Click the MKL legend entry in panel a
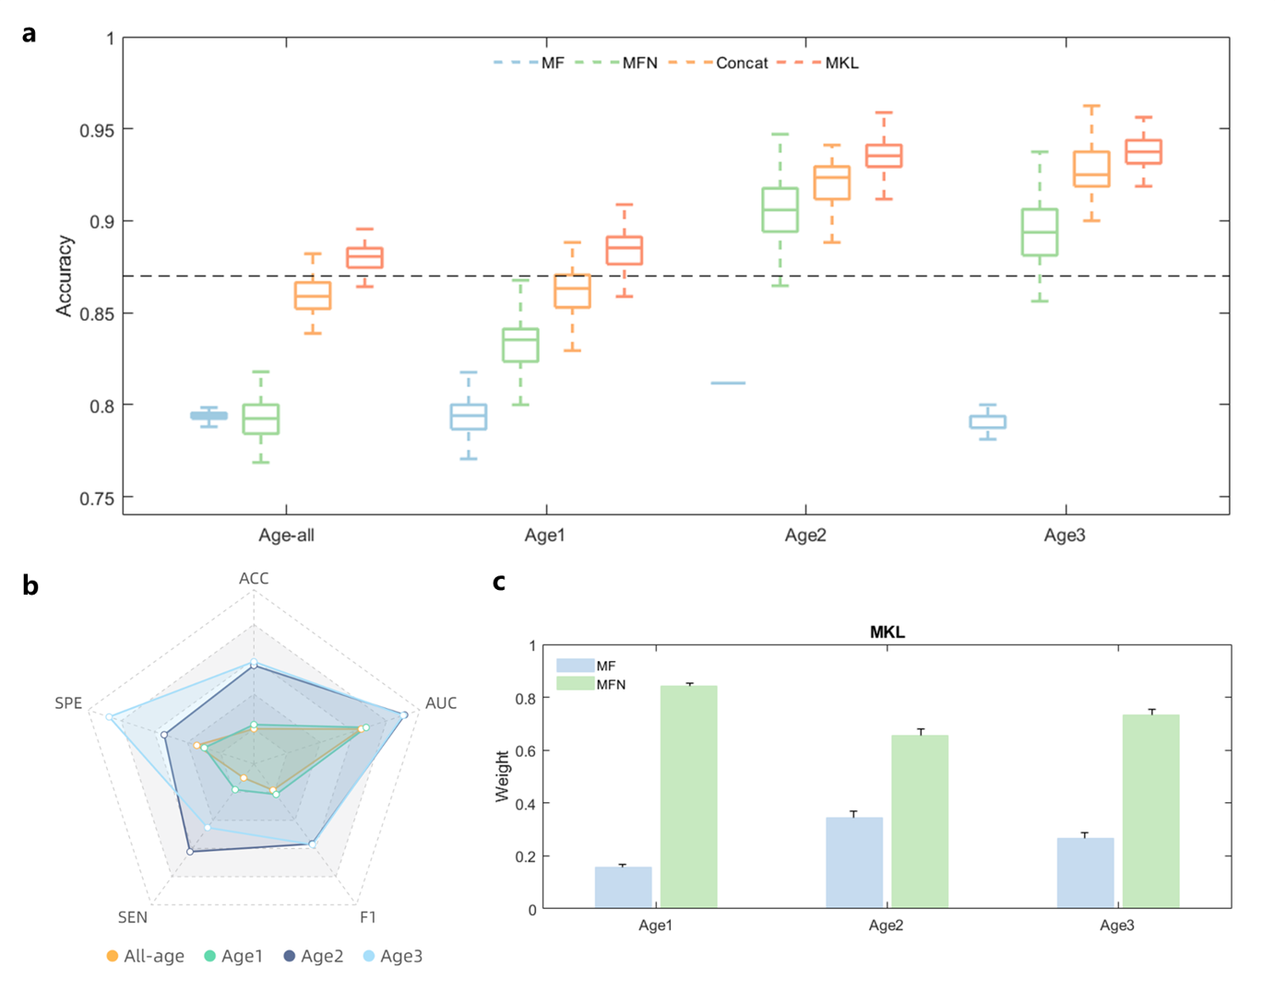pyautogui.click(x=840, y=63)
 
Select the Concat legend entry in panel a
pyautogui.click(x=741, y=63)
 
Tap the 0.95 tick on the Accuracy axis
pyautogui.click(x=97, y=130)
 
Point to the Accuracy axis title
pyautogui.click(x=64, y=276)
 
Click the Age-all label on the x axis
pyautogui.click(x=286, y=535)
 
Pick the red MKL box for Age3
pyautogui.click(x=1143, y=152)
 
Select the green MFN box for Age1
pyautogui.click(x=520, y=345)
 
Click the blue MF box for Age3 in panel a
pyautogui.click(x=987, y=421)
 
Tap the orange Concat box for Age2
pyautogui.click(x=831, y=183)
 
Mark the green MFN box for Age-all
pyautogui.click(x=260, y=419)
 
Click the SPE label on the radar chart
pyautogui.click(x=68, y=703)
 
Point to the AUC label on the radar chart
pyautogui.click(x=441, y=703)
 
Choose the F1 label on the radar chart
pyautogui.click(x=368, y=917)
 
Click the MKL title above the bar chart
pyautogui.click(x=887, y=632)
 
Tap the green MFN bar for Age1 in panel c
pyautogui.click(x=688, y=796)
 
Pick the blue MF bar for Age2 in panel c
pyautogui.click(x=853, y=862)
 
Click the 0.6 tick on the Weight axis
pyautogui.click(x=525, y=750)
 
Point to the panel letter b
pyautogui.click(x=30, y=586)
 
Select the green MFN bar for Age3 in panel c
pyautogui.click(x=1150, y=811)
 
